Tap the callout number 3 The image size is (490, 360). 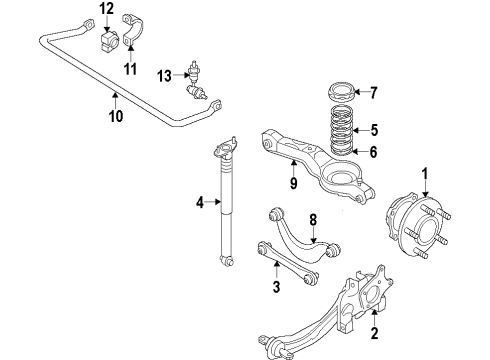point(275,288)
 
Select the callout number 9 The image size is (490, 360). point(294,183)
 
